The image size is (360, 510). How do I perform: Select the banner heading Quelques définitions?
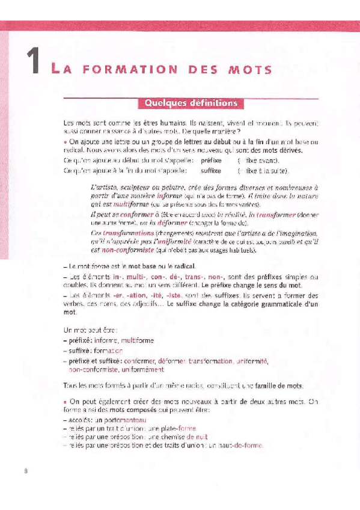click(191, 103)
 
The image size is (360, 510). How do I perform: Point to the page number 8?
click(26, 471)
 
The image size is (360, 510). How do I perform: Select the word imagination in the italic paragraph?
click(296, 232)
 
